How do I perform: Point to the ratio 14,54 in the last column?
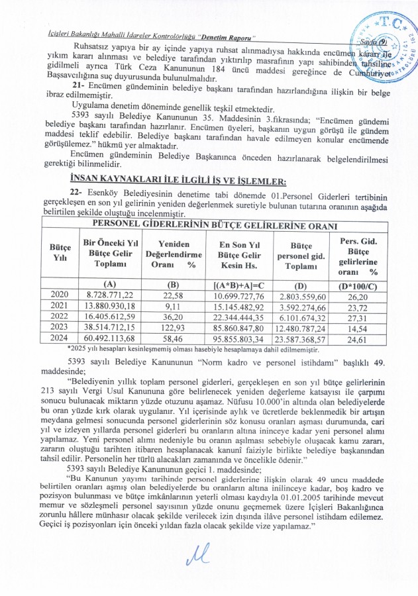click(x=358, y=326)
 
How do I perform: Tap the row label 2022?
click(x=56, y=315)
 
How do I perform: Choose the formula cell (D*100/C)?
click(x=358, y=283)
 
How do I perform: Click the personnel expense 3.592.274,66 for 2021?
click(x=299, y=305)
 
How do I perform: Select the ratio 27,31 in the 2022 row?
click(x=358, y=315)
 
